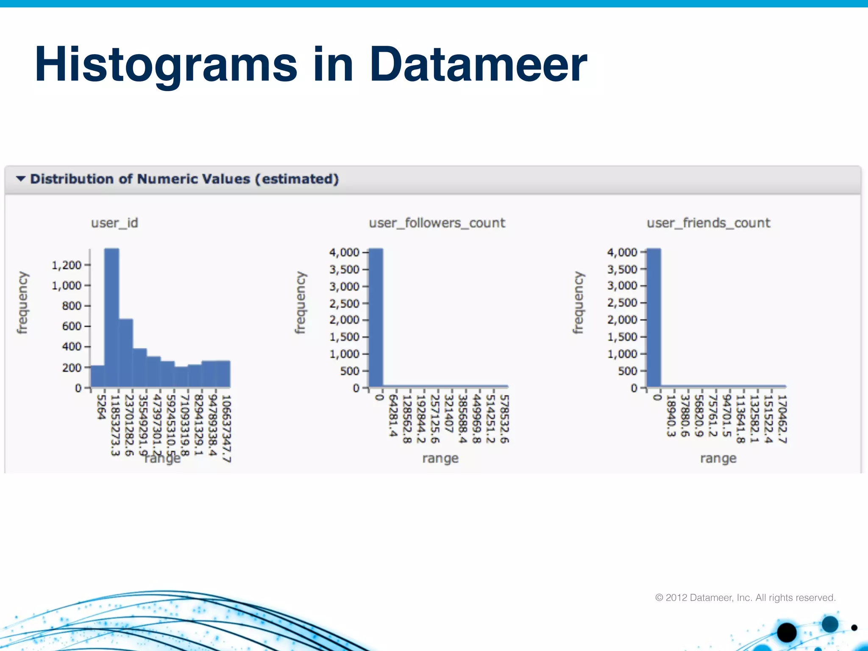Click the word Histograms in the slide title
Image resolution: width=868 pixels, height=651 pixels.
coord(166,64)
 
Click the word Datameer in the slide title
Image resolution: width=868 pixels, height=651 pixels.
coord(478,64)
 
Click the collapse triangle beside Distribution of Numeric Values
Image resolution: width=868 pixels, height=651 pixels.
coord(21,179)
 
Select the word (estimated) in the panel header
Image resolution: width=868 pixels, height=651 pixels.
coord(297,179)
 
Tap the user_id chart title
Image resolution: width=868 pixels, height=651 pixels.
coord(114,223)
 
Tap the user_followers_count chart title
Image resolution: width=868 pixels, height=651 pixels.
coord(437,223)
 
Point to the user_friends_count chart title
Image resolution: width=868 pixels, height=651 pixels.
coord(708,223)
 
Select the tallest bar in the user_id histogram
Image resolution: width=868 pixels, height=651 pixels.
coord(111,318)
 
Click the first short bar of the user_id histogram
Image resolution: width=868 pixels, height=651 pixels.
coord(97,376)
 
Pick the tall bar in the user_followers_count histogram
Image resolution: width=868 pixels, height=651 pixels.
coord(376,318)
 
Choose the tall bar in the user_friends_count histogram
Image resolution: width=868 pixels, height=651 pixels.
coord(654,318)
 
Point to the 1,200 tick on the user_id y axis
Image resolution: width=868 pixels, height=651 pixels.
coord(67,265)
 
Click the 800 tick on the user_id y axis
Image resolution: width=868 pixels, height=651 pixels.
coord(72,306)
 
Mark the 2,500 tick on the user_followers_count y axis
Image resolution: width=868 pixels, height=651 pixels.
coord(344,303)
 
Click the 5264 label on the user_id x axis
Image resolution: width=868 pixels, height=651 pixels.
coord(101,407)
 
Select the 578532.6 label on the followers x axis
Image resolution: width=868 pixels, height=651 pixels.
coord(504,419)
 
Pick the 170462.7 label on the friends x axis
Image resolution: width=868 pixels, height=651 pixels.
coord(782,419)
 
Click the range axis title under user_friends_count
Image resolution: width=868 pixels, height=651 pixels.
coord(718,458)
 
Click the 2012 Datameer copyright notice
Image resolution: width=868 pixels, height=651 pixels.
coord(745,598)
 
